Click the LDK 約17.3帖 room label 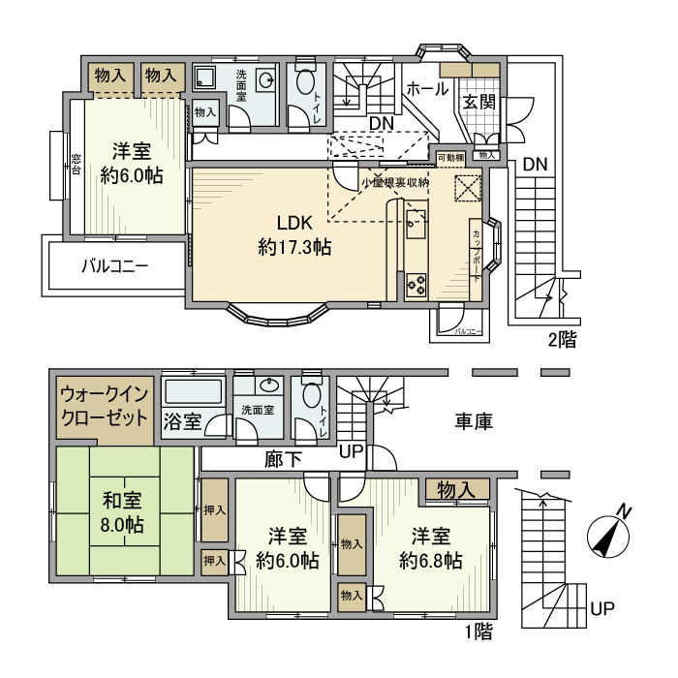click(294, 233)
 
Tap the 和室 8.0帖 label click(123, 512)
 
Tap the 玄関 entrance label click(478, 102)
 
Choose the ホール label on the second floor click(426, 89)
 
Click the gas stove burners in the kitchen click(417, 284)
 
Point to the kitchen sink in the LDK click(416, 225)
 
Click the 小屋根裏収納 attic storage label click(394, 181)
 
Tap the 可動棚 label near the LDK click(450, 156)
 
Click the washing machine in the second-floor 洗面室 click(206, 77)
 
